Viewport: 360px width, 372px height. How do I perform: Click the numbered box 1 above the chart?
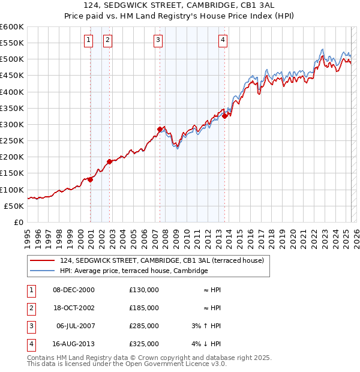pos(88,40)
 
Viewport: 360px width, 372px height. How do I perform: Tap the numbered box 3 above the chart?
pos(158,40)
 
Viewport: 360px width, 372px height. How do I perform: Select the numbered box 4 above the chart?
pos(222,40)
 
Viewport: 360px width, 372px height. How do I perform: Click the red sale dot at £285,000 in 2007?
pos(160,129)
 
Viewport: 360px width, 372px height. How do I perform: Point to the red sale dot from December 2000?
pos(90,179)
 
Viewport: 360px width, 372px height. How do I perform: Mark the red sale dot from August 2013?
pos(224,116)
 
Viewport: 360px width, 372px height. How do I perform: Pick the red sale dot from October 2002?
pos(109,161)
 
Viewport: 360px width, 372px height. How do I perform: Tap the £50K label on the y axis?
pos(14,206)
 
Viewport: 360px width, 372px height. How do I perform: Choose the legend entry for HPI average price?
pos(134,271)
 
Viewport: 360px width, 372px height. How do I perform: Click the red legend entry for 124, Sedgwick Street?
pos(165,260)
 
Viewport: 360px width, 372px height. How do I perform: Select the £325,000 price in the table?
pos(144,344)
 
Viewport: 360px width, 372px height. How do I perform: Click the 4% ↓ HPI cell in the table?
pos(206,344)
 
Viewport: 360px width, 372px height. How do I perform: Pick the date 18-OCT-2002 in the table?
pos(74,308)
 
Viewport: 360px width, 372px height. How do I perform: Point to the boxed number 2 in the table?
pos(29,308)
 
